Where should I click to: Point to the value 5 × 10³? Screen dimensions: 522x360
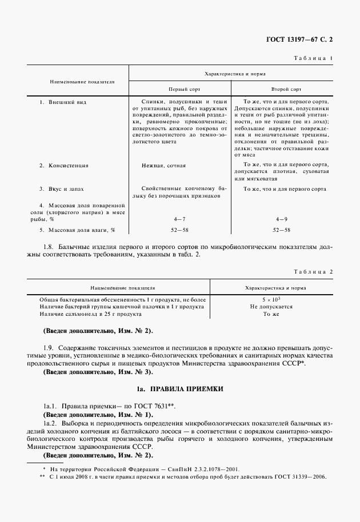click(x=270, y=299)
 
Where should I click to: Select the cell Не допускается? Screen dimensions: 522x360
click(x=271, y=307)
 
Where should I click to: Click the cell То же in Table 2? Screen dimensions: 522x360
click(x=270, y=314)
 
